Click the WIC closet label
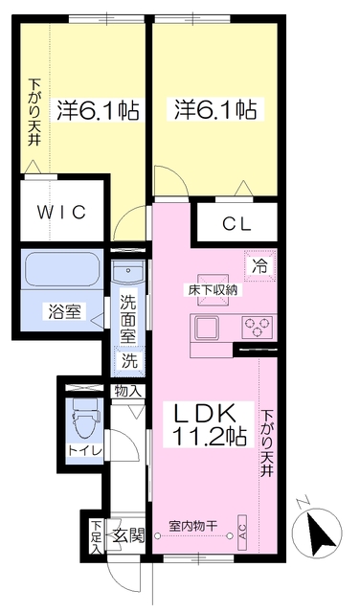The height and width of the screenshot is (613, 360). pyautogui.click(x=62, y=213)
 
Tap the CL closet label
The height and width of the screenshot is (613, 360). pyautogui.click(x=236, y=224)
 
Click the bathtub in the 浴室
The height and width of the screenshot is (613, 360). pyautogui.click(x=62, y=268)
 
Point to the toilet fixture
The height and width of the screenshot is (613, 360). pyautogui.click(x=86, y=420)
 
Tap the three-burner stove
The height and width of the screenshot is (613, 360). pyautogui.click(x=258, y=327)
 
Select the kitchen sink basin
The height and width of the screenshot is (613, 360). pyautogui.click(x=208, y=328)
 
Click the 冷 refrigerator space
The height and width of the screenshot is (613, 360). pyautogui.click(x=260, y=265)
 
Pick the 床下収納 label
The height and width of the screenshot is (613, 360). pyautogui.click(x=213, y=290)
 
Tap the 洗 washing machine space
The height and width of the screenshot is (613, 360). pyautogui.click(x=128, y=360)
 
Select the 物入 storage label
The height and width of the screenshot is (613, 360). pyautogui.click(x=127, y=391)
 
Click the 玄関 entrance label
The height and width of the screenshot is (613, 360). pyautogui.click(x=128, y=535)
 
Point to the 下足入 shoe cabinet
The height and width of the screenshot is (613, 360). pyautogui.click(x=96, y=536)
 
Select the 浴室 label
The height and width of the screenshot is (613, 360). pyautogui.click(x=64, y=311)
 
